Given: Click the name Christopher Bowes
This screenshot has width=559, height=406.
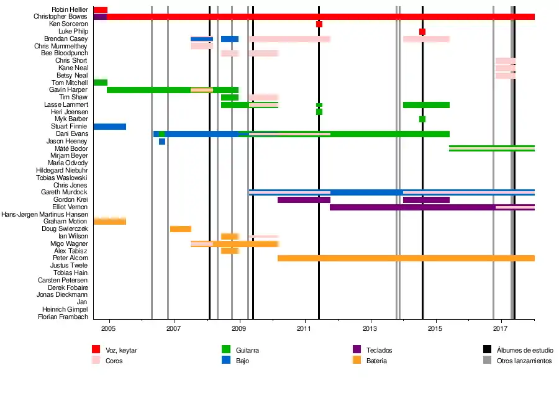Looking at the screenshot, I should click(x=61, y=17).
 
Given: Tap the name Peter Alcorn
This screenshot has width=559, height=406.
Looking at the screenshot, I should click(x=70, y=258).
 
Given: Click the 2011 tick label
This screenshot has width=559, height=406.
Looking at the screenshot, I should click(x=304, y=328).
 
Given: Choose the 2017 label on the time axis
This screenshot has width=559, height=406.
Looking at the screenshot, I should click(x=501, y=328).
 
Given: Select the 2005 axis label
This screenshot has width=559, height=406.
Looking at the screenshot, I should click(x=108, y=328).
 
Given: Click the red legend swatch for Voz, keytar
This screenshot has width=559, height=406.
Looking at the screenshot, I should click(x=96, y=350).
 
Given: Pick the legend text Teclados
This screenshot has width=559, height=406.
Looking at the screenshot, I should click(x=379, y=350).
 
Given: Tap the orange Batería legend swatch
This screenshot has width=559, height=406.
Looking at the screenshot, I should click(x=357, y=360).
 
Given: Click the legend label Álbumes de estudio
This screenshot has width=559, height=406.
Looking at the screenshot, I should click(x=525, y=350).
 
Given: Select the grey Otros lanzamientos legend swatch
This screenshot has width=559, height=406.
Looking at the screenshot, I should click(x=488, y=360).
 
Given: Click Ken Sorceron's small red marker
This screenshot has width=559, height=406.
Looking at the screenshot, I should click(x=319, y=24).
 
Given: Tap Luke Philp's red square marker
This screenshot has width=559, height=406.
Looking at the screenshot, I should click(x=422, y=32).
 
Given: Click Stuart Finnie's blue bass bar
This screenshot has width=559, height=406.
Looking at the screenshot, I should click(x=110, y=127).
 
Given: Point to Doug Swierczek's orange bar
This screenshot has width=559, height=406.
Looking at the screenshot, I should click(x=181, y=229).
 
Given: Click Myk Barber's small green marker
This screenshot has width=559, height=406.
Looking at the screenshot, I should click(x=422, y=119).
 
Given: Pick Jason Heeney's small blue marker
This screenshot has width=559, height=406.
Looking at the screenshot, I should click(x=162, y=142).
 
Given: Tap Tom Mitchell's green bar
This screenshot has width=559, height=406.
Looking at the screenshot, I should click(x=101, y=83).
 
